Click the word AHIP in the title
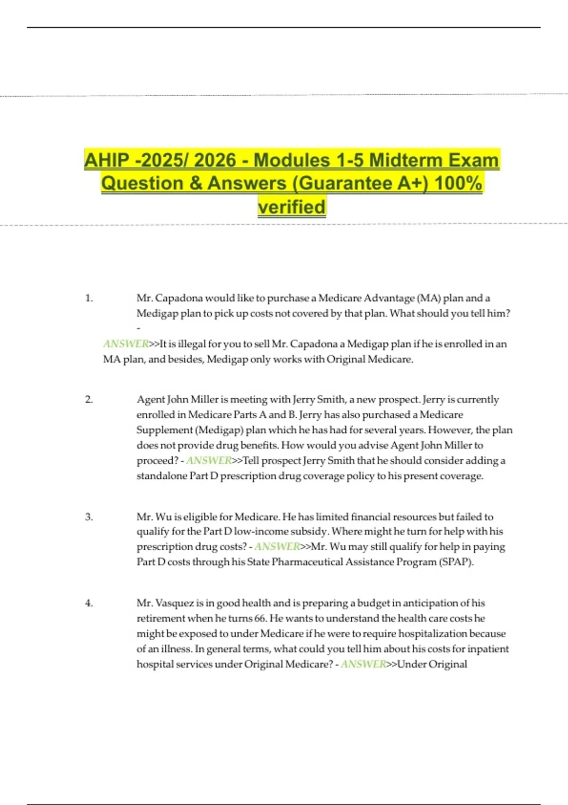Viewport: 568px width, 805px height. pyautogui.click(x=107, y=160)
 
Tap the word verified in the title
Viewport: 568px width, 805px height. pyautogui.click(x=292, y=207)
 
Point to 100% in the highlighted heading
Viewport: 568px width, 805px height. pyautogui.click(x=458, y=183)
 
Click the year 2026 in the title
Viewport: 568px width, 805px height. pyautogui.click(x=215, y=160)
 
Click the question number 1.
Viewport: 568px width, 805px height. pyautogui.click(x=89, y=298)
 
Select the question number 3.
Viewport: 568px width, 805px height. pyautogui.click(x=89, y=517)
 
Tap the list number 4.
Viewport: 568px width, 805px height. pyautogui.click(x=89, y=603)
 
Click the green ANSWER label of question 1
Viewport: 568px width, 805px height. pyautogui.click(x=126, y=344)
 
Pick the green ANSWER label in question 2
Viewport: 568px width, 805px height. pyautogui.click(x=209, y=460)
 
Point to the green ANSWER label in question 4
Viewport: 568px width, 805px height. pyautogui.click(x=364, y=664)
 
